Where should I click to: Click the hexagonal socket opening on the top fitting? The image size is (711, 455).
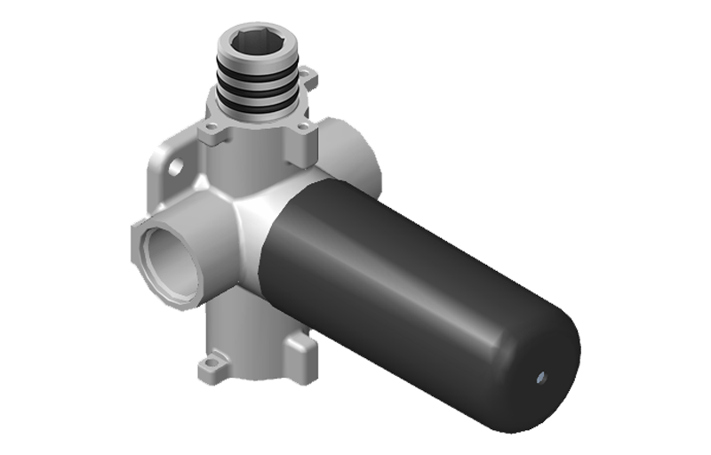tap(259, 42)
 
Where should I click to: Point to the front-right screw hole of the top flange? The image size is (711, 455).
tap(302, 126)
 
